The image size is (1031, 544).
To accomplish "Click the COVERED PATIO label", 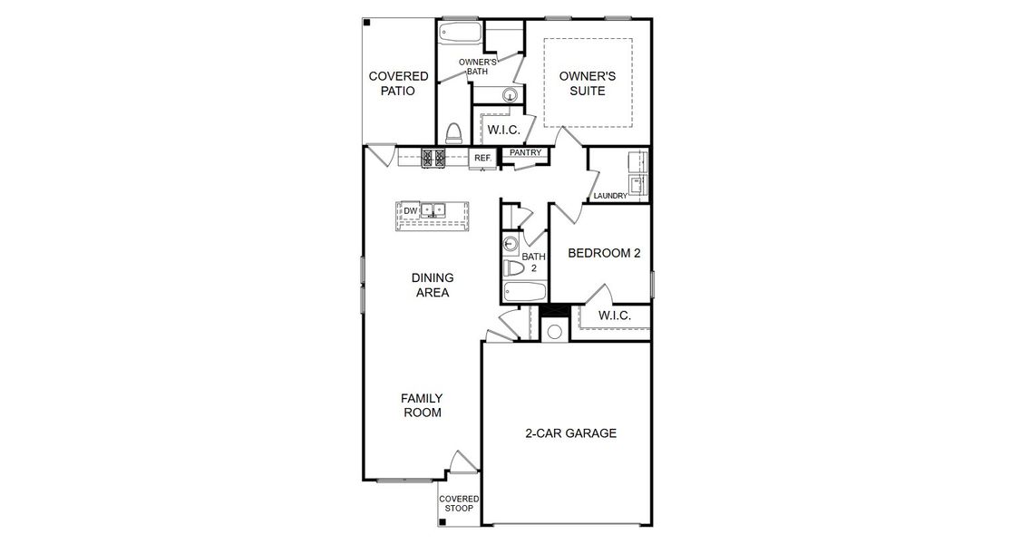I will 398,83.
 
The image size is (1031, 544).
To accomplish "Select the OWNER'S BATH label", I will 477,69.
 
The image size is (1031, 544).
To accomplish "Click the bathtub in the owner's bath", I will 461,34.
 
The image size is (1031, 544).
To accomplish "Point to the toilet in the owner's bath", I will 454,132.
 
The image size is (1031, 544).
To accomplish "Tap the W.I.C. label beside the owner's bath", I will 503,130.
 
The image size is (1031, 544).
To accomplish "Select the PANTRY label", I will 525,153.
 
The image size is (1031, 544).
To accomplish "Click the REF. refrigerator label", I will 482,159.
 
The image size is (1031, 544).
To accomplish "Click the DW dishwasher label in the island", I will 410,210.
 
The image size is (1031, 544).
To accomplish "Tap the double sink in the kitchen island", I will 433,210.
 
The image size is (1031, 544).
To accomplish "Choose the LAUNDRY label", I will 610,196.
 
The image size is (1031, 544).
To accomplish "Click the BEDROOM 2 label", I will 604,253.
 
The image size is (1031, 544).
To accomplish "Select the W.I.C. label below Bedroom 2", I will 614,316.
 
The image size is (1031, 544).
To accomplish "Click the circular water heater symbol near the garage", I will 554,331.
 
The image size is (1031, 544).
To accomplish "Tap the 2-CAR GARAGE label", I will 570,433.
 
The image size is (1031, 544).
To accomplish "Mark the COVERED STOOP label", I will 459,505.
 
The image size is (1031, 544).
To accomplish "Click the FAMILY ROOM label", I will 423,405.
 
